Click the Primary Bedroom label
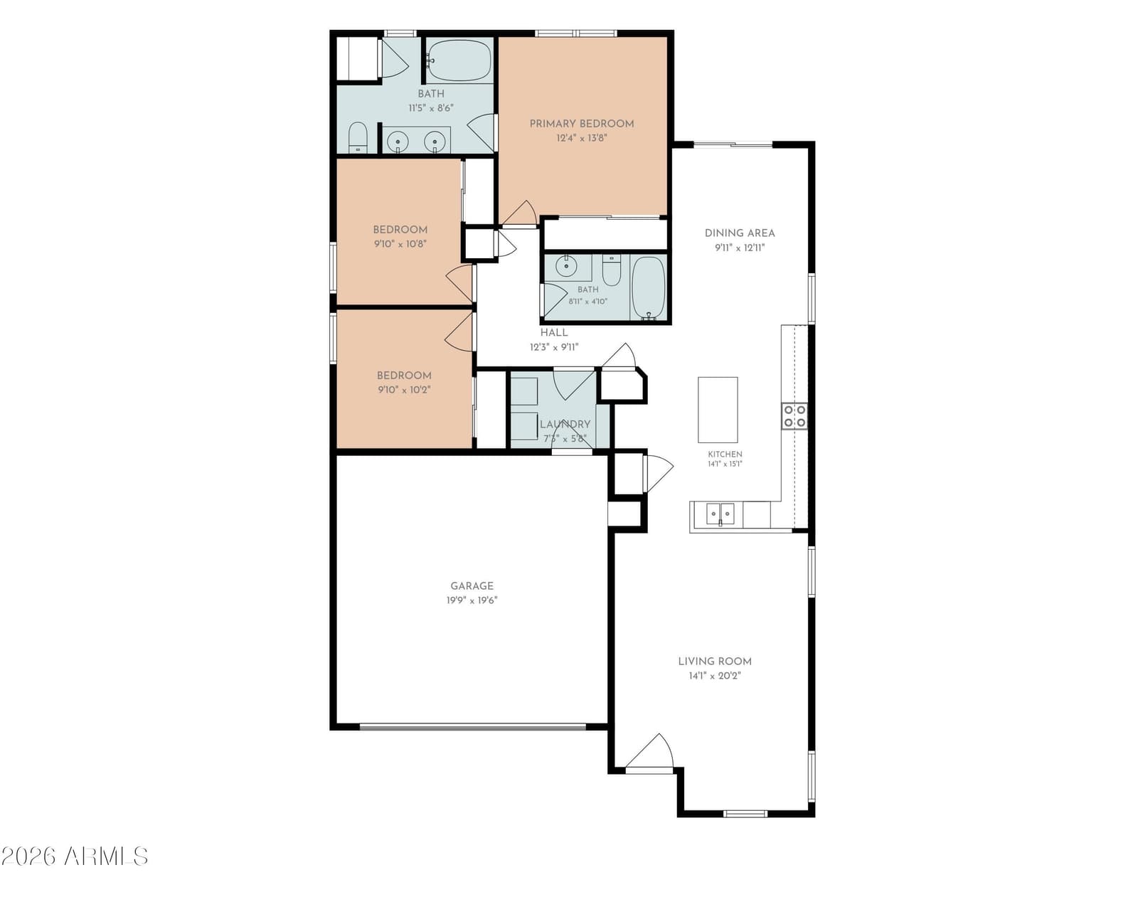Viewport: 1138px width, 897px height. pos(582,124)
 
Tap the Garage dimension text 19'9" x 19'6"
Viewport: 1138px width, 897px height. pos(472,600)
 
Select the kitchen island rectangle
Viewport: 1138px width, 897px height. pos(718,410)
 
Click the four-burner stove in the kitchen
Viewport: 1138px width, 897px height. pos(794,415)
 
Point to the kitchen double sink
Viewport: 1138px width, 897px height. pos(720,514)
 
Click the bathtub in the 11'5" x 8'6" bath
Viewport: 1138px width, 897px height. pos(459,61)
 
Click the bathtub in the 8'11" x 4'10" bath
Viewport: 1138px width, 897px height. pos(649,288)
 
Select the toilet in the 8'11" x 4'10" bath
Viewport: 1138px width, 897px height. pos(611,271)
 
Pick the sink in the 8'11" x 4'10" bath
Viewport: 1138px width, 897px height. pos(566,266)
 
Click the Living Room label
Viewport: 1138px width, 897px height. pos(715,661)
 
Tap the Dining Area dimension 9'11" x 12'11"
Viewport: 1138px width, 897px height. pos(740,248)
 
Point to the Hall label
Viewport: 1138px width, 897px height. pos(554,333)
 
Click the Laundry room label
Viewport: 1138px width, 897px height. pos(565,424)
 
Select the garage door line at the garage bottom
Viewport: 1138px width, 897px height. pos(473,727)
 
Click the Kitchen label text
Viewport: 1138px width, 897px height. pos(725,454)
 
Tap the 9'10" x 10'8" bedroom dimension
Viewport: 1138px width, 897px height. pos(400,245)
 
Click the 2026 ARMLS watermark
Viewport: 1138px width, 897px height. pos(75,856)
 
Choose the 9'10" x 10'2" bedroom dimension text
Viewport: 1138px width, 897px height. pos(404,391)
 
